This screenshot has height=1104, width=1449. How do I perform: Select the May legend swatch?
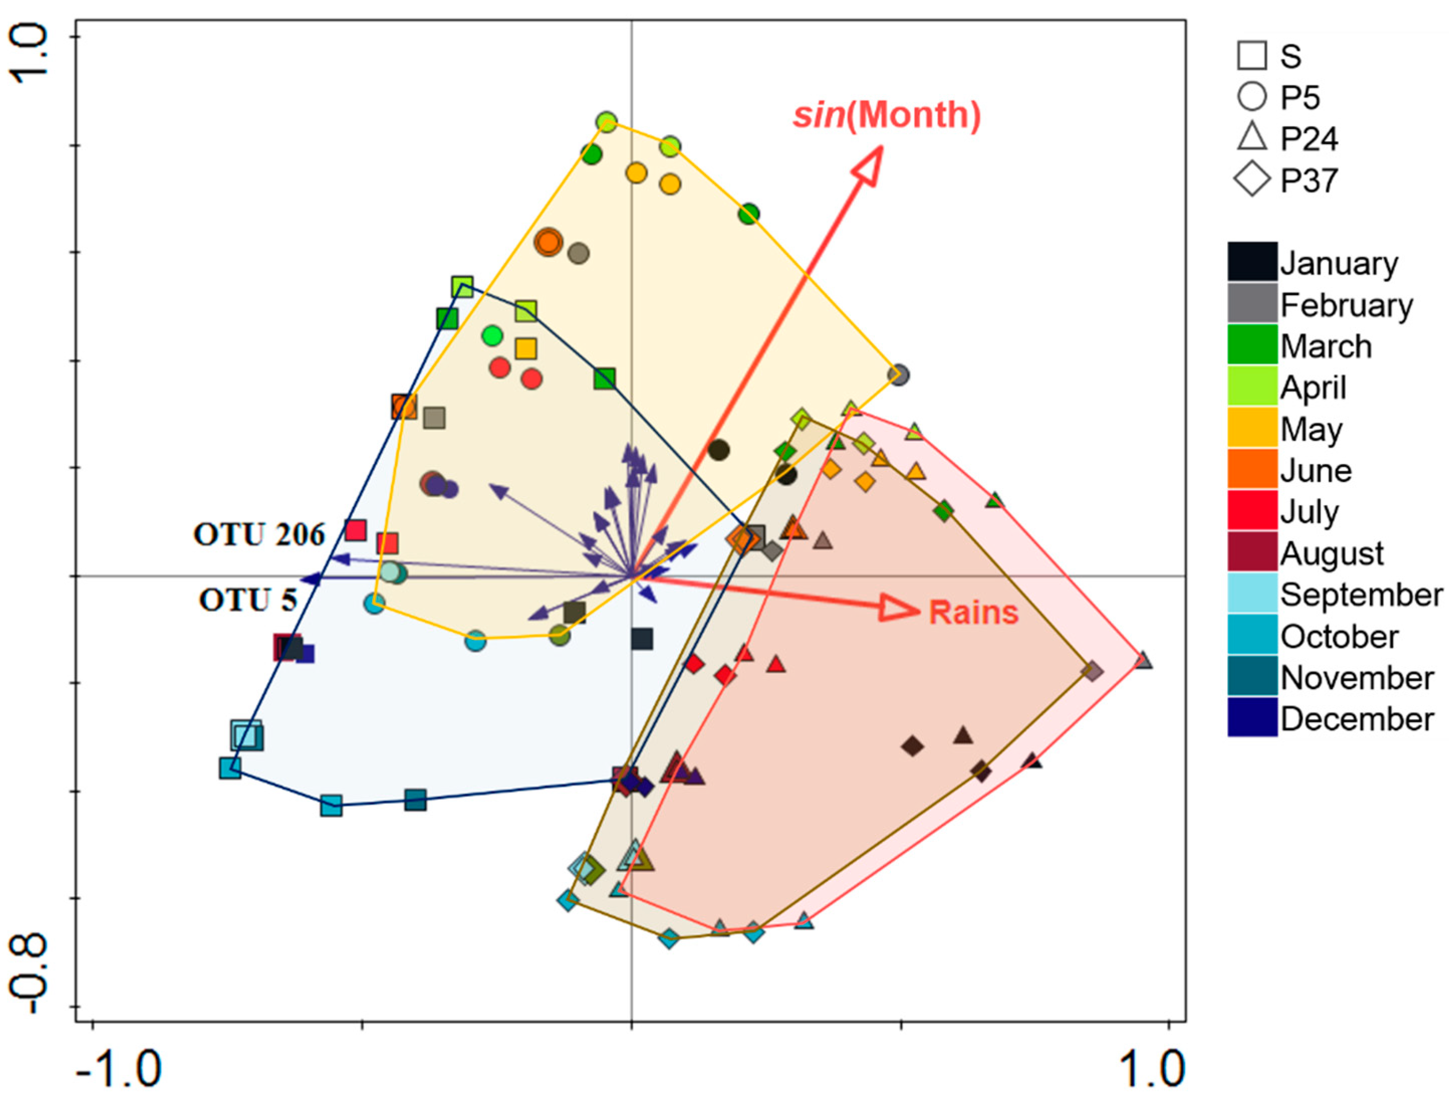[1252, 429]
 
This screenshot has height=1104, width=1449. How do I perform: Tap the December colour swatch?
[1252, 719]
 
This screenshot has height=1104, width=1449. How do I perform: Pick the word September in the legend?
[1361, 595]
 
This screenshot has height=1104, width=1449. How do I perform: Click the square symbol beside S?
[1252, 56]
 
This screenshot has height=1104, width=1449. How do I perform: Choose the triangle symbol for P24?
[1252, 138]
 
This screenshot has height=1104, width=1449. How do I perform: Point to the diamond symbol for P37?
[1252, 179]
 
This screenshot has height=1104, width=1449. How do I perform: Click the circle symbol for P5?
[1252, 96]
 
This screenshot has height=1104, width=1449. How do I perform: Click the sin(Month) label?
[887, 115]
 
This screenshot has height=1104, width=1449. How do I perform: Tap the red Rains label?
[973, 612]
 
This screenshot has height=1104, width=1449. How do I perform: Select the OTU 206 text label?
[259, 535]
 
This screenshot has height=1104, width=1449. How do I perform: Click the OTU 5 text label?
[247, 600]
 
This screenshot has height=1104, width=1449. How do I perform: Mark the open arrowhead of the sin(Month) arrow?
[868, 165]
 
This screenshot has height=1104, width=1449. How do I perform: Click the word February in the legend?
[1346, 306]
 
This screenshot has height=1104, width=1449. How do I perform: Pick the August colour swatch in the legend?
[1252, 553]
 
